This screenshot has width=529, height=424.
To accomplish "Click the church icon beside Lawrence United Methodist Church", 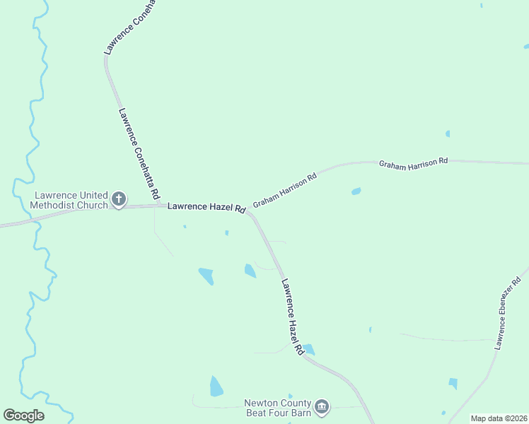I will pyautogui.click(x=119, y=199).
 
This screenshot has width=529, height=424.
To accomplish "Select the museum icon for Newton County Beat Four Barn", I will pyautogui.click(x=322, y=406).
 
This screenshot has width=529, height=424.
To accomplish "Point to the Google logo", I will pyautogui.click(x=23, y=416).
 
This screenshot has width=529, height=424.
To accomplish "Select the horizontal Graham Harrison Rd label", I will pyautogui.click(x=414, y=162).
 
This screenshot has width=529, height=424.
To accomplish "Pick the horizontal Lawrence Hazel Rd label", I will pyautogui.click(x=207, y=208).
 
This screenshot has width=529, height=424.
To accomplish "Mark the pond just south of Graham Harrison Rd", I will pyautogui.click(x=356, y=191).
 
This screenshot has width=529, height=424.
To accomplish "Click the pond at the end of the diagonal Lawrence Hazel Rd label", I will pyautogui.click(x=308, y=349).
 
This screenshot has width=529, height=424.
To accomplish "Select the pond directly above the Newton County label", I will pyautogui.click(x=216, y=387).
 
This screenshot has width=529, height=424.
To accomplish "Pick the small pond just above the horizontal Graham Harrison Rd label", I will pyautogui.click(x=448, y=134).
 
